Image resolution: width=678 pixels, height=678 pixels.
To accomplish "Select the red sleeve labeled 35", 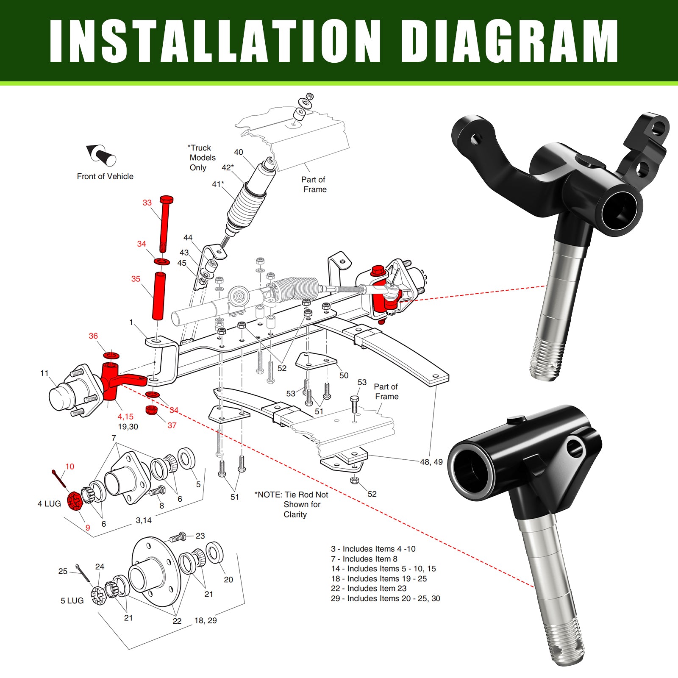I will (159, 297).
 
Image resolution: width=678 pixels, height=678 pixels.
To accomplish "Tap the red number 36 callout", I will (93, 336).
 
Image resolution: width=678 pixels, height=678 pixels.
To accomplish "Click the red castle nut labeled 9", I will (74, 501).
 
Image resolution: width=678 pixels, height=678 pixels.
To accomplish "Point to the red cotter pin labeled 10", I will (58, 478).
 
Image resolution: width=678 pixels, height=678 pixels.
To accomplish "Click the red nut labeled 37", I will (151, 410).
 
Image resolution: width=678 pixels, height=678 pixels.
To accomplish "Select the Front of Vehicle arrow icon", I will (102, 155).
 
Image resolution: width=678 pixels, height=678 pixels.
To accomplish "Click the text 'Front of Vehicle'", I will (105, 177).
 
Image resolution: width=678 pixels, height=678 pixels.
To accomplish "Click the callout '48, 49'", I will (431, 462).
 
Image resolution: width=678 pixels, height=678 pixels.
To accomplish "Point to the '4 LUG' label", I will (49, 504).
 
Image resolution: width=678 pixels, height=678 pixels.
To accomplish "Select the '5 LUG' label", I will (72, 601).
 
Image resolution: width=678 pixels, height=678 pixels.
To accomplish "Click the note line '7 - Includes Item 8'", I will (364, 559).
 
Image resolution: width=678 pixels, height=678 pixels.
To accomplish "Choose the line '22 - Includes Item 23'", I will (368, 589).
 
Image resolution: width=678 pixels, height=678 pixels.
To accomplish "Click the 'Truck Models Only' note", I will (202, 158).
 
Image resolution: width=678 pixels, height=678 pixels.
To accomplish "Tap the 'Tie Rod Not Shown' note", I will (292, 504).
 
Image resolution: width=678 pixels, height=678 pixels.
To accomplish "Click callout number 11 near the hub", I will (44, 373).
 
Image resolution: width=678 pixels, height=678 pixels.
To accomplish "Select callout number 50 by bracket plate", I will (344, 375).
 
